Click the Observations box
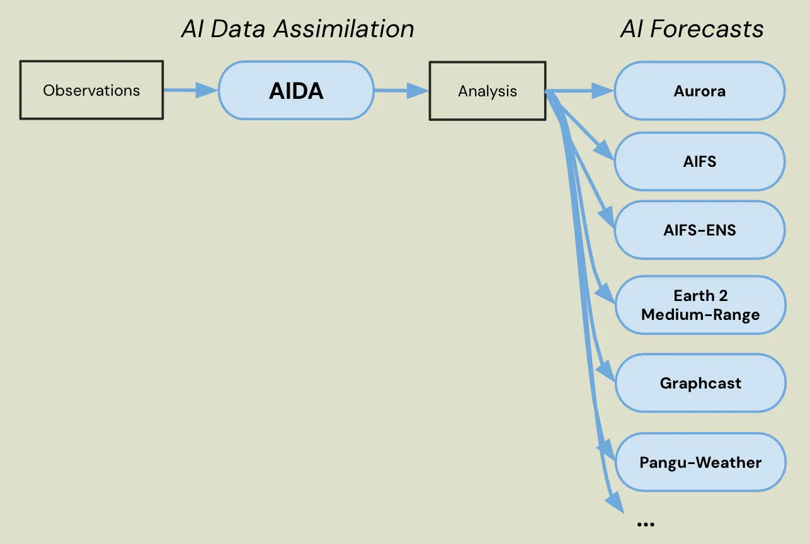point(91,90)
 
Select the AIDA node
point(296,91)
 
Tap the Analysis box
point(487,91)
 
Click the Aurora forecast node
point(699,91)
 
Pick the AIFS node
point(699,162)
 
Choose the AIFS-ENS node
point(699,230)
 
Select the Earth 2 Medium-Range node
point(700,305)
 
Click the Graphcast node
point(700,383)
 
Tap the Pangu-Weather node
point(700,462)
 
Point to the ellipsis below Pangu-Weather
point(646,524)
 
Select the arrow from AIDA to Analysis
point(401,91)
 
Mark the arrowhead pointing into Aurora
point(604,91)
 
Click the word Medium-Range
point(700,314)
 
